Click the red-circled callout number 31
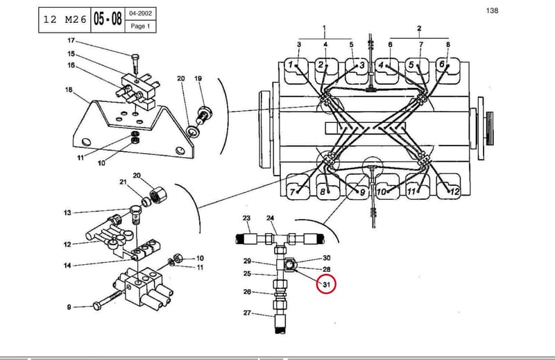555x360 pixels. click(x=326, y=284)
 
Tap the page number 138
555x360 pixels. click(x=492, y=10)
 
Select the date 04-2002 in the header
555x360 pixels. click(x=141, y=13)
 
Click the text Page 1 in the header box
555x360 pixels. click(x=140, y=26)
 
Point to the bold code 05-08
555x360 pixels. click(x=108, y=19)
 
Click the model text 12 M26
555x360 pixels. click(x=65, y=19)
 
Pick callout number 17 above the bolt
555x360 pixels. click(x=71, y=41)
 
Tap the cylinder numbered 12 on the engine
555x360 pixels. click(x=454, y=192)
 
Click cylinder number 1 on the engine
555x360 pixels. click(x=291, y=65)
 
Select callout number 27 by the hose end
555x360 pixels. click(x=247, y=313)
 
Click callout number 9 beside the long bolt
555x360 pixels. click(x=69, y=307)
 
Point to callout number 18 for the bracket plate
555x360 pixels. click(x=69, y=90)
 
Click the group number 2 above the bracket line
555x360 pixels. click(x=419, y=28)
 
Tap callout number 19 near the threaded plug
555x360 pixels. click(x=198, y=78)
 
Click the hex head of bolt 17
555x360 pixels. click(x=135, y=57)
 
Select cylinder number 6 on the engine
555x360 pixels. click(x=442, y=64)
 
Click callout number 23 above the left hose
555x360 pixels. click(x=246, y=218)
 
